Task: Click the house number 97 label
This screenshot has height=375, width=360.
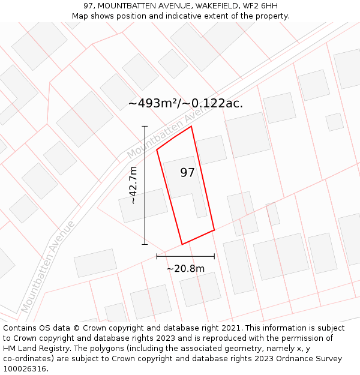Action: (188, 173)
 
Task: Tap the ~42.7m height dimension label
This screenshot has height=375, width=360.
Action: (133, 185)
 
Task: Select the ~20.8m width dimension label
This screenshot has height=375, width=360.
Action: (185, 269)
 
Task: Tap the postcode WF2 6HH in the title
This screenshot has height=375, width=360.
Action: (260, 6)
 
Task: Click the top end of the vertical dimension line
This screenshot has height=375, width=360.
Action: (145, 127)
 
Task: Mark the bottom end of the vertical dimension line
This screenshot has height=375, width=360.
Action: (145, 244)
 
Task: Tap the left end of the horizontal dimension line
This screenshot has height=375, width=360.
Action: (157, 256)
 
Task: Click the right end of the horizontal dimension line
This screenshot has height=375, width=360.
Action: (214, 256)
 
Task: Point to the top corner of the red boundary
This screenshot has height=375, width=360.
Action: (191, 127)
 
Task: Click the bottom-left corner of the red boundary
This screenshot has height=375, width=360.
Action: (182, 244)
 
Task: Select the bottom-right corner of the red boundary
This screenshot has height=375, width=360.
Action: (214, 230)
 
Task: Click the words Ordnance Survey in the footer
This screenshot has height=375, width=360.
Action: (310, 359)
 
